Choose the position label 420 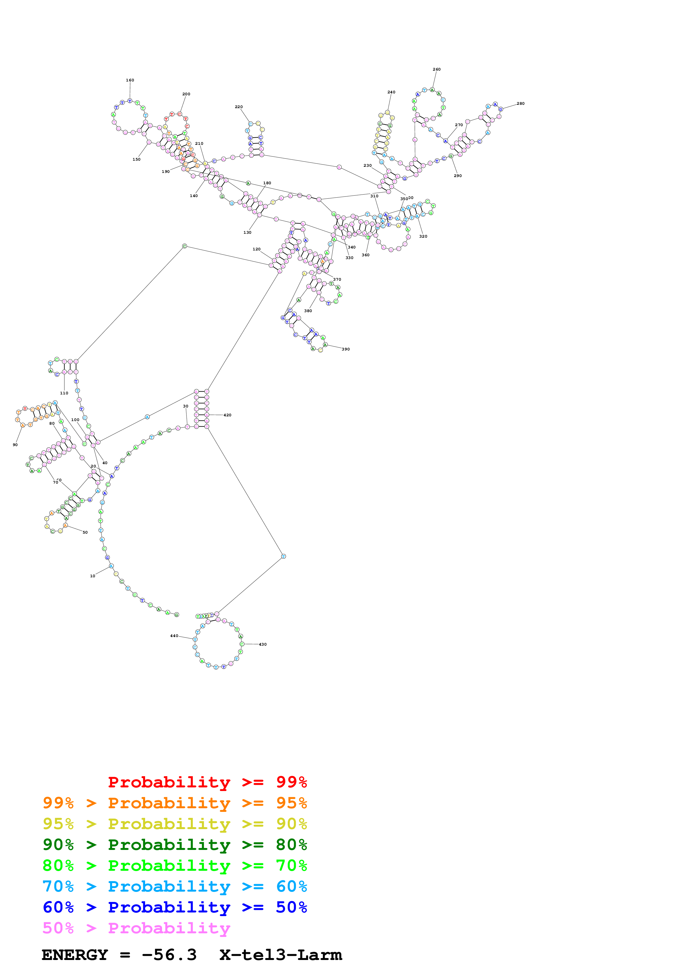coord(228,415)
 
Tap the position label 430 coord(263,645)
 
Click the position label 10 coord(93,576)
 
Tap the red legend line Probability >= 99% coord(207,782)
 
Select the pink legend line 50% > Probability coord(136,928)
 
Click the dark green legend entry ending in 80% coord(175,845)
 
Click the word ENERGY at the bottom coord(75,955)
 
